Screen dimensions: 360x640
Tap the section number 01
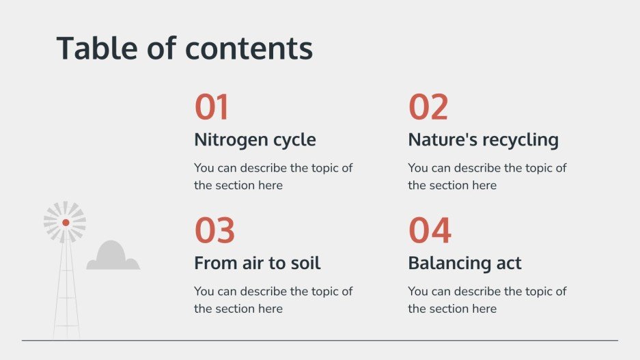pos(212,108)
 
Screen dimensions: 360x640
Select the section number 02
pos(428,108)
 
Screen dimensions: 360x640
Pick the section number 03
pos(214,231)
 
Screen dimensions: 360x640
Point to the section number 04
pos(430,231)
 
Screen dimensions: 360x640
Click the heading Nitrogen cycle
pos(255,140)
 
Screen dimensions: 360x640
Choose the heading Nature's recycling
pos(483,140)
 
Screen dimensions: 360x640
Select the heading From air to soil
pos(257,263)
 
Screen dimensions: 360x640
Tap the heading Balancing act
pos(464,263)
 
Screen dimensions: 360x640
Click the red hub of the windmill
pos(66,223)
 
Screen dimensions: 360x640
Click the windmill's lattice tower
pos(66,294)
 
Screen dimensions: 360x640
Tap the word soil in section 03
pos(305,263)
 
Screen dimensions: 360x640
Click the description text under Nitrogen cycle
pos(273,176)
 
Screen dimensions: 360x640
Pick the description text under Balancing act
pos(486,299)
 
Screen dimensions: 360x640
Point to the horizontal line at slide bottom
pos(320,340)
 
